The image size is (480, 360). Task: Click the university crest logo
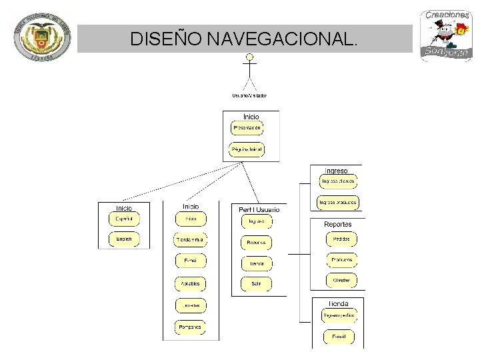(41, 38)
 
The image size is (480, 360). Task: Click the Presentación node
(247, 127)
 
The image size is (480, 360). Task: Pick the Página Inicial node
(247, 150)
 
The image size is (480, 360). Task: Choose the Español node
(124, 219)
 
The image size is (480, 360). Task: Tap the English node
(124, 239)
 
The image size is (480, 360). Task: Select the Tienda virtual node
(191, 239)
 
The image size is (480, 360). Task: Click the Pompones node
(190, 327)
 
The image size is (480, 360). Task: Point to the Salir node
(257, 283)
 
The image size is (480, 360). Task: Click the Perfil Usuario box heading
(259, 209)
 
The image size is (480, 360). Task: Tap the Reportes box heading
(338, 224)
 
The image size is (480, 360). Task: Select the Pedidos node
(341, 239)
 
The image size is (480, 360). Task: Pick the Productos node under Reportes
(341, 259)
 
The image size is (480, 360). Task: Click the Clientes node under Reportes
(341, 281)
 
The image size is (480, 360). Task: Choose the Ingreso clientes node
(339, 181)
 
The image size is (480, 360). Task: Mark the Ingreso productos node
(338, 201)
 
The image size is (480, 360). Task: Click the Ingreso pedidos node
(339, 315)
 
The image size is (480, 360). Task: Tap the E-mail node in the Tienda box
(339, 337)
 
